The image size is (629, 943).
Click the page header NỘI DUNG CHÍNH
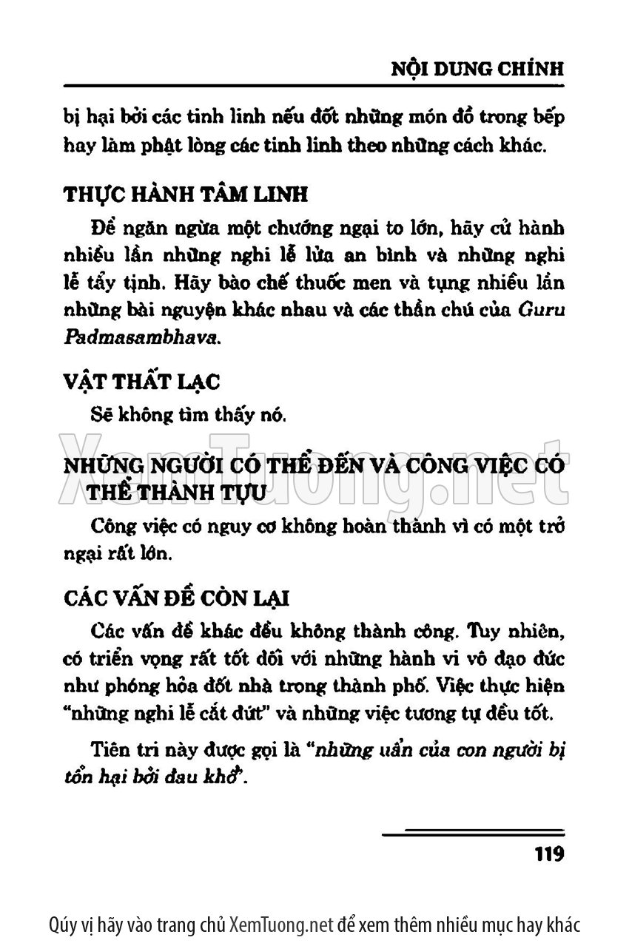tap(477, 69)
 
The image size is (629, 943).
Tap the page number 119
tap(548, 854)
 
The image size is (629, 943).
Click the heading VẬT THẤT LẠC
tap(141, 382)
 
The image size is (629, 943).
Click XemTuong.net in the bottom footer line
tap(278, 924)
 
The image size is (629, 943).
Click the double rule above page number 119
tap(474, 834)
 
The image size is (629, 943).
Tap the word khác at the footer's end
tap(561, 924)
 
